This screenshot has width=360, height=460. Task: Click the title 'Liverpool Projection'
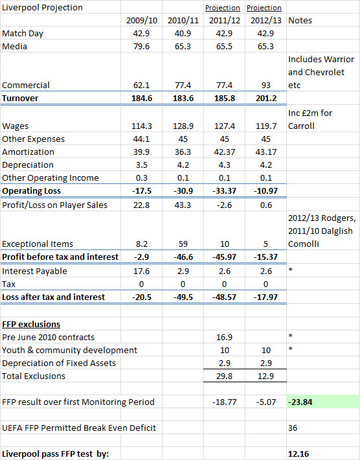(x=42, y=8)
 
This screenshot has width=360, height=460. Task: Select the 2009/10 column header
(x=142, y=21)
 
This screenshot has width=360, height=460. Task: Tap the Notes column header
(x=300, y=21)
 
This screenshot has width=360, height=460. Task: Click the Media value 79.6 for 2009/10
(x=142, y=47)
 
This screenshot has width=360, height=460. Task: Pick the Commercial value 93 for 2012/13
(x=265, y=86)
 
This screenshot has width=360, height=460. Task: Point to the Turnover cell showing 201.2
(x=266, y=98)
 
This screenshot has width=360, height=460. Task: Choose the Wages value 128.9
(x=183, y=126)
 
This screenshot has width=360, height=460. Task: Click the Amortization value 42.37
(x=224, y=152)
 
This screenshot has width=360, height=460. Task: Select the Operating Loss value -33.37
(x=224, y=191)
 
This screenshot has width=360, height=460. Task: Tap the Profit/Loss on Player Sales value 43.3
(x=183, y=205)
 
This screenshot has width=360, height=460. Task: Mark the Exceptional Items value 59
(x=183, y=244)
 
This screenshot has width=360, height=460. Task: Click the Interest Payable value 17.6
(x=142, y=271)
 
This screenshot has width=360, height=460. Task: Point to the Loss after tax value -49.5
(x=183, y=297)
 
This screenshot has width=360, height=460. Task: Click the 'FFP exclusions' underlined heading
(x=31, y=325)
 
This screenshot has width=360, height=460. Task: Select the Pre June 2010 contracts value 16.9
(x=224, y=338)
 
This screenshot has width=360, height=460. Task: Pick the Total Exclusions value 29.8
(x=224, y=376)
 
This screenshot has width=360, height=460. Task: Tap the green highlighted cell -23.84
(x=300, y=402)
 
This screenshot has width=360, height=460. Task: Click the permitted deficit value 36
(x=293, y=428)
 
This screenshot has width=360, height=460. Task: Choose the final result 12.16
(x=298, y=454)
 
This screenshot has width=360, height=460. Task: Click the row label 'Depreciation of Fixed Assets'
(x=59, y=363)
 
